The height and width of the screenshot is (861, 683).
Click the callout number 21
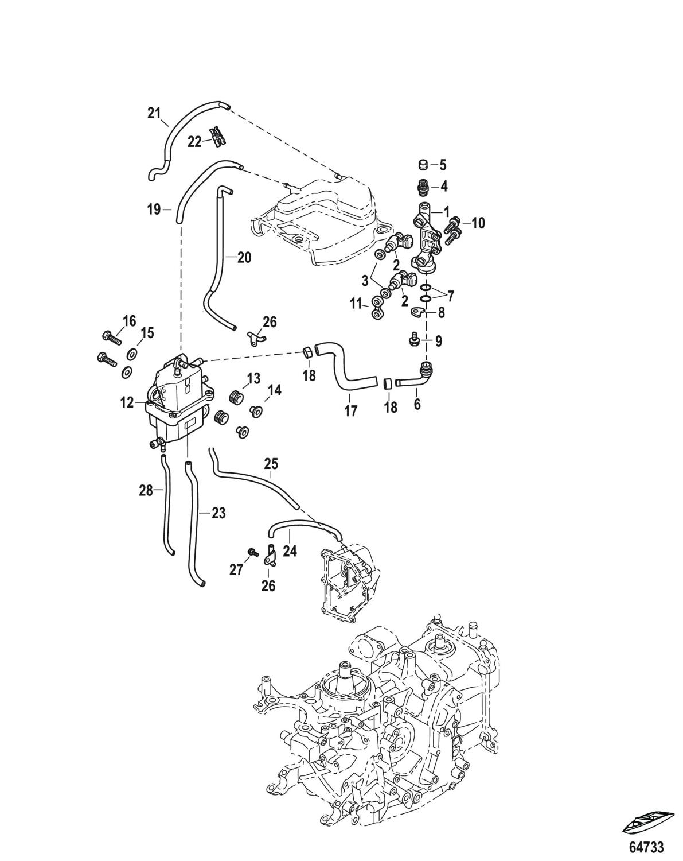click(x=154, y=113)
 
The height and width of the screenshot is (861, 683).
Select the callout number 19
click(x=154, y=210)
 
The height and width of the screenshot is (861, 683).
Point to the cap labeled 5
click(x=423, y=165)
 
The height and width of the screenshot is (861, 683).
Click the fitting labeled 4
click(x=423, y=187)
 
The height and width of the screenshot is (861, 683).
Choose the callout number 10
click(x=477, y=223)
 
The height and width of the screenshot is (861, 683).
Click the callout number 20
click(x=244, y=258)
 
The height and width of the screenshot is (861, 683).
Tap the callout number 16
click(x=130, y=320)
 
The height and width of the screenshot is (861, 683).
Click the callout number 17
click(x=350, y=411)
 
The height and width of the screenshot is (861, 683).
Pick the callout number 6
click(x=417, y=404)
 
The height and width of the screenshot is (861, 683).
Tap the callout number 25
click(x=271, y=463)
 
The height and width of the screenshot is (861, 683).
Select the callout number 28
click(x=146, y=490)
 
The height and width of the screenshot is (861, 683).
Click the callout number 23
click(x=218, y=513)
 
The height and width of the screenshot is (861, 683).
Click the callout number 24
click(x=290, y=551)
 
